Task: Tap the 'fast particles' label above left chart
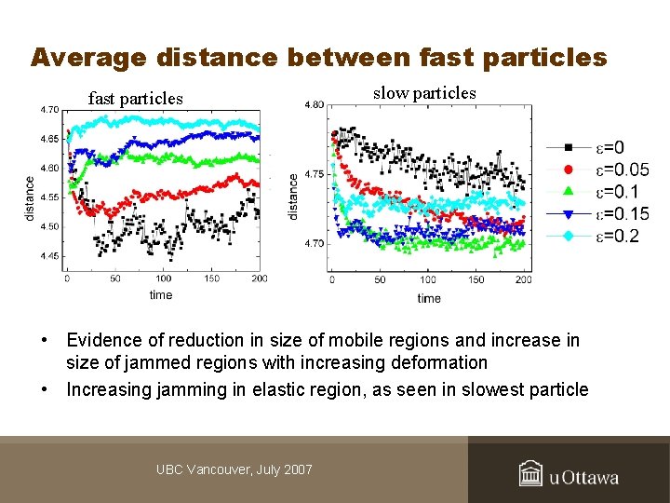coord(135,98)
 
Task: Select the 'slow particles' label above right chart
coord(424,92)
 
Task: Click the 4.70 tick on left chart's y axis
coord(48,110)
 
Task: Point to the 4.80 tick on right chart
coord(315,105)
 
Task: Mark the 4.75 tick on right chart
coord(315,174)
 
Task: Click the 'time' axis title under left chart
coord(161,294)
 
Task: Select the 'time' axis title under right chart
coord(429,298)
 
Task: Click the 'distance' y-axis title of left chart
coord(31,198)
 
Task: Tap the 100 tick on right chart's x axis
coord(427,280)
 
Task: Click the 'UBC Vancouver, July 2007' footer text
coord(234,469)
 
